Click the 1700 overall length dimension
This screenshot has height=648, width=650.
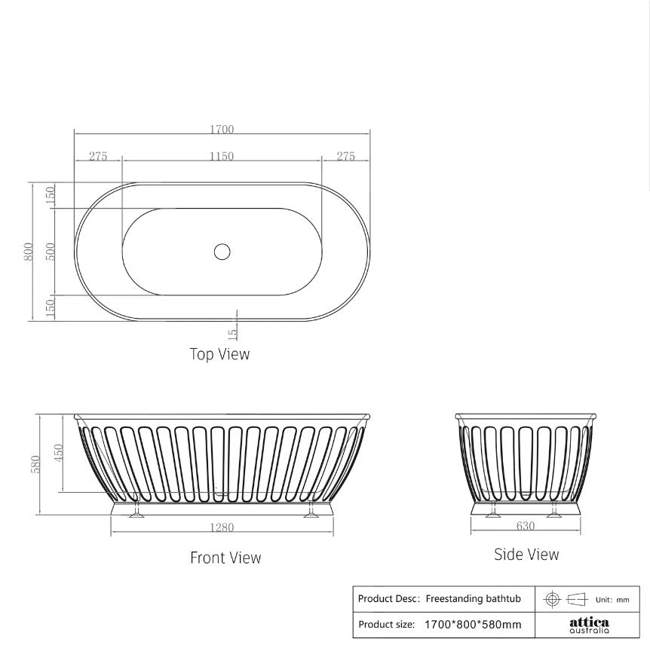point(222,129)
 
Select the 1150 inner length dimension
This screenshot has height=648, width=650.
point(222,157)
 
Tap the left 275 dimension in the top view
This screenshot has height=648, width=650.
point(98,157)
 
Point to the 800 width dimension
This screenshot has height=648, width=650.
point(28,252)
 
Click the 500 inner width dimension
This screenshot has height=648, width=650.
point(51,252)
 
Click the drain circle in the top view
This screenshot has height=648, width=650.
point(222,252)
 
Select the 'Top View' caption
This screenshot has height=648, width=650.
point(219,353)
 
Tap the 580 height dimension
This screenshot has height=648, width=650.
point(35,463)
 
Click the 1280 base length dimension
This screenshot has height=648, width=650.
point(222,527)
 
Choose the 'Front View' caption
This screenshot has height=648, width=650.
point(225,558)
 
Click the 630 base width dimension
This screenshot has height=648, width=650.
point(526,526)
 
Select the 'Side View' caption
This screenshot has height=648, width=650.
point(526,555)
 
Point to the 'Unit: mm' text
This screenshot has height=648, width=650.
point(612,600)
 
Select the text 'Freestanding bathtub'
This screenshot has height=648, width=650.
point(473,599)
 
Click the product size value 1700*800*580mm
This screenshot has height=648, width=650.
point(472,625)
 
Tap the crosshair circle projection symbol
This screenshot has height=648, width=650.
point(552,599)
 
